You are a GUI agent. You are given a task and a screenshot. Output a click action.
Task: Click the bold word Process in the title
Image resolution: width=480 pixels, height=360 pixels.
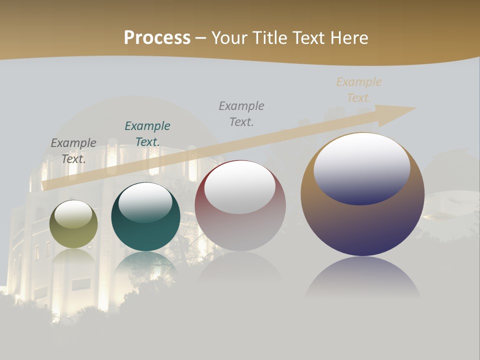click(157, 38)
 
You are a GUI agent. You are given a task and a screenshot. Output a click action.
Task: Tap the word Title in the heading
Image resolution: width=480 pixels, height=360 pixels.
click(270, 38)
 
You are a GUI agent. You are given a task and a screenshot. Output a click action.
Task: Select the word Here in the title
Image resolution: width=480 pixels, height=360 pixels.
click(349, 38)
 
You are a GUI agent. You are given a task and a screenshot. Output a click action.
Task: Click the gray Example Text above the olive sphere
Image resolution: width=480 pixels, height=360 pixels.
click(73, 151)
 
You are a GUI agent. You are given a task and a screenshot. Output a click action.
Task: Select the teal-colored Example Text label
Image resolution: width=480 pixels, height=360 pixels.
click(147, 134)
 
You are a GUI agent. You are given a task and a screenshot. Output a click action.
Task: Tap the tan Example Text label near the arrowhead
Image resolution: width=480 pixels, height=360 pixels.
click(359, 90)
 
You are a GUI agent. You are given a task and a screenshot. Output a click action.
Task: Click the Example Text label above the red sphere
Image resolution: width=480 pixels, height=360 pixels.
click(241, 114)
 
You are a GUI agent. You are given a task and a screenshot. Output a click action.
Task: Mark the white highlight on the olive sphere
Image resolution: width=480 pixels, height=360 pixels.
click(73, 214)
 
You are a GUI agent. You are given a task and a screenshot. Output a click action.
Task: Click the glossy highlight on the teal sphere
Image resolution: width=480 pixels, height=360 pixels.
click(145, 202)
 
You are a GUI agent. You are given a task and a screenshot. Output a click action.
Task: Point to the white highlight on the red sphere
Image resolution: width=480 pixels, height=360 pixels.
click(240, 187)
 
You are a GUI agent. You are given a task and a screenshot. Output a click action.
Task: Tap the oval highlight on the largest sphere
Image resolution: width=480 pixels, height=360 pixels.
click(361, 168)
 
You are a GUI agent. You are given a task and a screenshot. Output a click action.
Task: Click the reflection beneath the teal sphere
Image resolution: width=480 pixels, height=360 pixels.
click(145, 267)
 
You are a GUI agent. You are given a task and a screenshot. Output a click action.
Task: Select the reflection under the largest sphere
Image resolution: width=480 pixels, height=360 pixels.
click(362, 277)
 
